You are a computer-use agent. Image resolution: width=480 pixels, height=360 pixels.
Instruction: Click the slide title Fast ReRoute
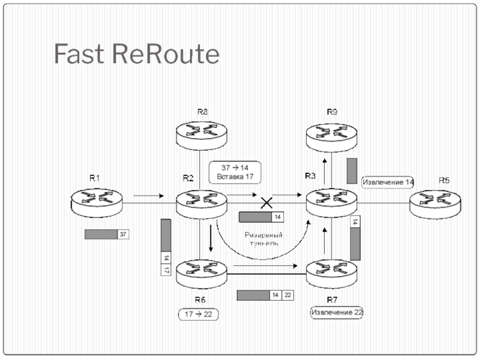pos(136,55)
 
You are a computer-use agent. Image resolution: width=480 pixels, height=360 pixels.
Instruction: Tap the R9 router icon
pos(332,134)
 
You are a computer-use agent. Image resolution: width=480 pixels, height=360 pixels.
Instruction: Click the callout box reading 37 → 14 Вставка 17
pos(235,172)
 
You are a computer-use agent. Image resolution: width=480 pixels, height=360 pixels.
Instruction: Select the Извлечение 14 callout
pos(388,182)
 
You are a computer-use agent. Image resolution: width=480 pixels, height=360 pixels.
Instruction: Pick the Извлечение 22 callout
pos(336,312)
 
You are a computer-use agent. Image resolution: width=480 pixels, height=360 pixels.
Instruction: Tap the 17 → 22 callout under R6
pos(199,314)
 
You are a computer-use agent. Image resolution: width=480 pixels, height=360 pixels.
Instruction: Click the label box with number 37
pos(123,234)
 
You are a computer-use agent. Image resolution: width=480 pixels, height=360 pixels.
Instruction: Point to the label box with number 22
pos(288,295)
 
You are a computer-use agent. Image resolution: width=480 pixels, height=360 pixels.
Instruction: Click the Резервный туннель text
pos(265,239)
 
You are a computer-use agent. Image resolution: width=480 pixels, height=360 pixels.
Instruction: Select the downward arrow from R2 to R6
pos(211,238)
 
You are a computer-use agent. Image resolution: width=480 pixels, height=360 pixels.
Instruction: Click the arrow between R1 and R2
pos(148,196)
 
